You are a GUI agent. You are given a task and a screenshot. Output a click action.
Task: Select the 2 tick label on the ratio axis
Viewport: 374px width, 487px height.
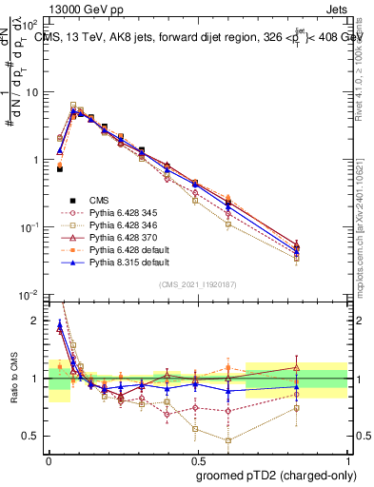click(36, 321)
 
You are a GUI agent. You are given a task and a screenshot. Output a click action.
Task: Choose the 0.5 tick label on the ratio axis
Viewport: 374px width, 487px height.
click(31, 436)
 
